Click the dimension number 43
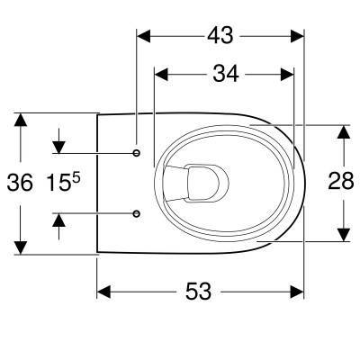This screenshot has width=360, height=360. pyautogui.click(x=220, y=35)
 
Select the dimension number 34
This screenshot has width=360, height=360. pyautogui.click(x=226, y=74)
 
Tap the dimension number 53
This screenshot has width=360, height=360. pyautogui.click(x=198, y=292)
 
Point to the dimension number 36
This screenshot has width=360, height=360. pyautogui.click(x=20, y=183)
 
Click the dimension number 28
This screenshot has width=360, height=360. pyautogui.click(x=341, y=181)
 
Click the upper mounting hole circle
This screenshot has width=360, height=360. pyautogui.click(x=137, y=153)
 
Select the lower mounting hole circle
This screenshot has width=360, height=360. pyautogui.click(x=137, y=213)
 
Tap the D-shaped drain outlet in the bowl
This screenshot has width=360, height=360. pyautogui.click(x=207, y=182)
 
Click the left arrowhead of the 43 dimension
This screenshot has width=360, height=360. pyautogui.click(x=143, y=36)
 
